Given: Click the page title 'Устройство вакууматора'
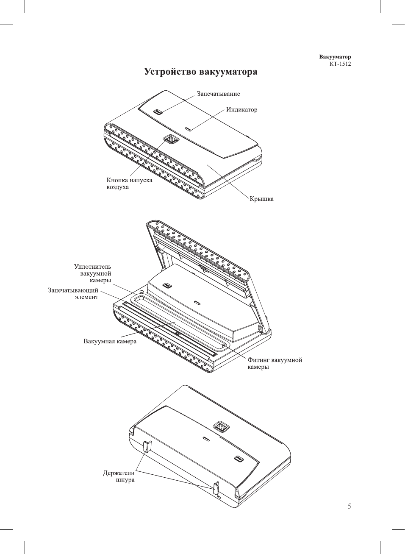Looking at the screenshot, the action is [200, 72].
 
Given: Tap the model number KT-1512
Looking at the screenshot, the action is [340, 64].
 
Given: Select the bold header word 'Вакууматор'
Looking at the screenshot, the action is [335, 57].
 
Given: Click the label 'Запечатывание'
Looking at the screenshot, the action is [218, 94].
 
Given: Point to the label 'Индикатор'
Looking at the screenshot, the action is [241, 110].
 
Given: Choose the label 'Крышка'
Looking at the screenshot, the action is [261, 199].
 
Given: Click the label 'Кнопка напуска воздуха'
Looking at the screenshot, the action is [129, 184].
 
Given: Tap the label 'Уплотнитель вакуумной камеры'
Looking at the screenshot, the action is [93, 273].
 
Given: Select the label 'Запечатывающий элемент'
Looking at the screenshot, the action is [73, 294].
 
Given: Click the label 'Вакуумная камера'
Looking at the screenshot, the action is [110, 341].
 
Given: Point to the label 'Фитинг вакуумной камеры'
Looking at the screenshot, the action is [275, 363].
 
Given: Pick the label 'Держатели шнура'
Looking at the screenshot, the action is [119, 476].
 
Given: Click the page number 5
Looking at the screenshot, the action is [349, 506].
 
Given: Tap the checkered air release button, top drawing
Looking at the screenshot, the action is [171, 139].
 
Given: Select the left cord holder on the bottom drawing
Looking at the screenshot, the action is [147, 447].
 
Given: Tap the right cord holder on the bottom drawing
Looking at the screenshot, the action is [216, 488].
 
